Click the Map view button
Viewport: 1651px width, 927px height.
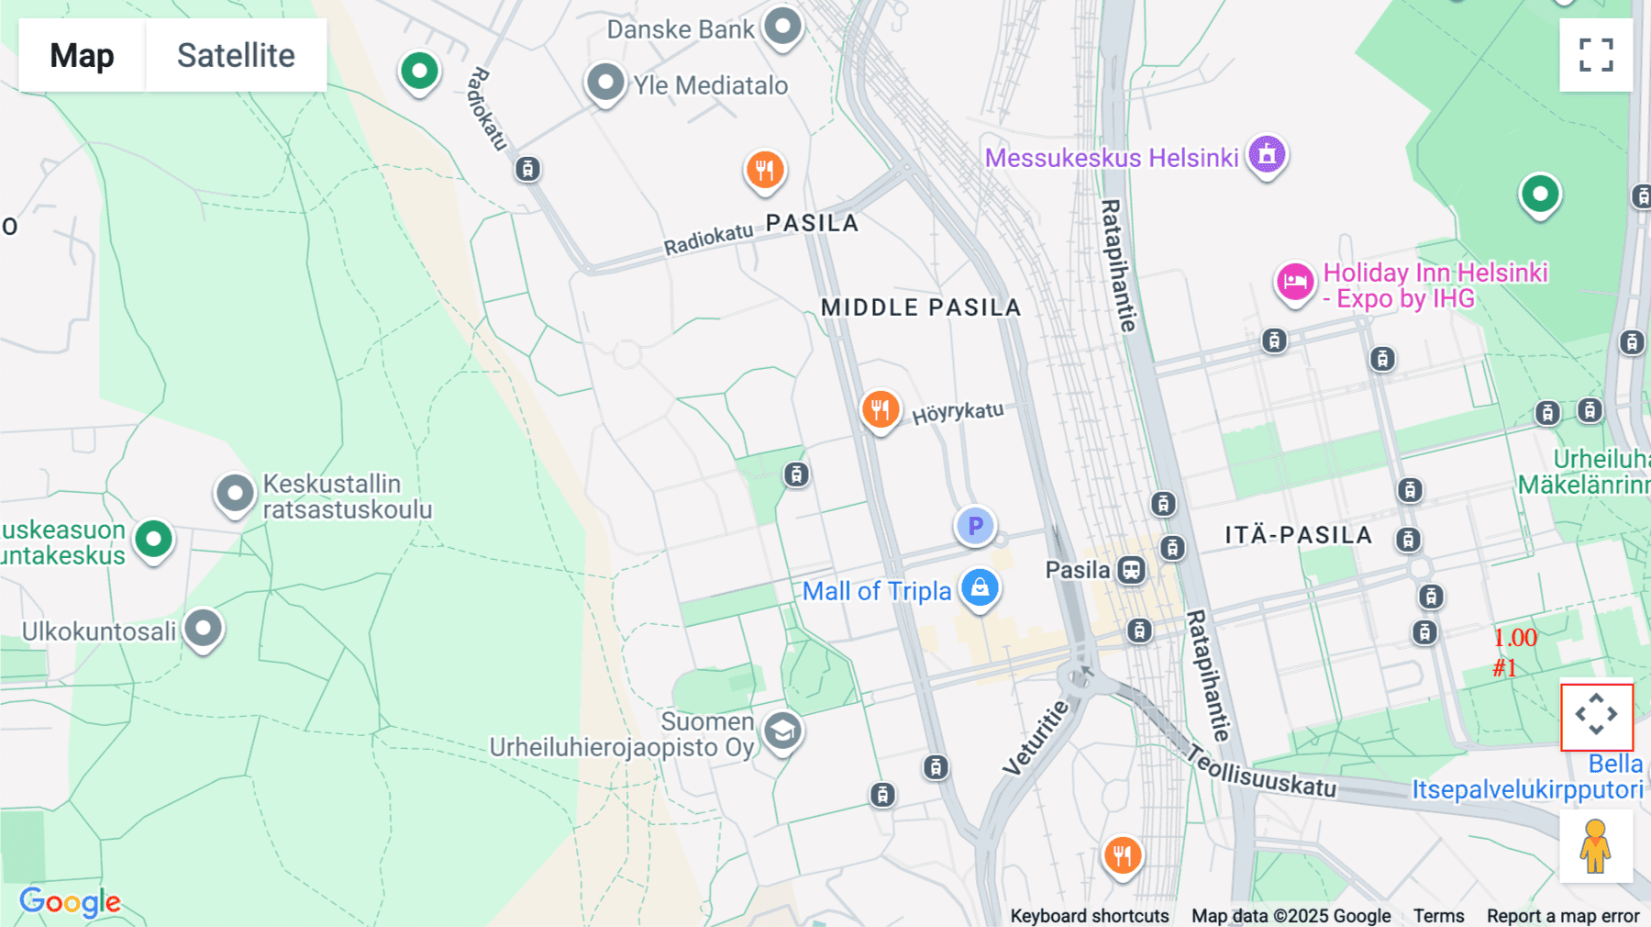point(82,56)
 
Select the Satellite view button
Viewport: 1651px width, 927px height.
point(236,56)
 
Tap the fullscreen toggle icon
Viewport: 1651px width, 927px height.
point(1596,55)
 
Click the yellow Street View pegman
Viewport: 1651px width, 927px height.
point(1595,846)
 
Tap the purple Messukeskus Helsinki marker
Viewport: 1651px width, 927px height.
point(1267,155)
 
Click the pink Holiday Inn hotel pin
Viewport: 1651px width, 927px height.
point(1294,282)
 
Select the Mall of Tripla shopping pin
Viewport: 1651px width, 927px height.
point(980,587)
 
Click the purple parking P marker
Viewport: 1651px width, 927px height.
point(975,526)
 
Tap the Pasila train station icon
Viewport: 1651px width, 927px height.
point(1132,570)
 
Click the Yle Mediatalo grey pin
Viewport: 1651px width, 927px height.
point(605,84)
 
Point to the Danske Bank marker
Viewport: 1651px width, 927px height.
point(782,27)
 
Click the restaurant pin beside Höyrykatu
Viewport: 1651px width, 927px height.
point(880,409)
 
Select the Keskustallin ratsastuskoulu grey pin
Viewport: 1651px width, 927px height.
point(235,494)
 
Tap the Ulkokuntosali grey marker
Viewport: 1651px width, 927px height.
point(203,630)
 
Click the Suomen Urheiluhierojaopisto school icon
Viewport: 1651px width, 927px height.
point(781,732)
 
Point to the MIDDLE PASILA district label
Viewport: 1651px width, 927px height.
point(920,307)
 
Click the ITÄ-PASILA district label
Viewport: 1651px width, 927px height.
point(1298,535)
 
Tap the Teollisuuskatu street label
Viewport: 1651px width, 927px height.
point(1261,773)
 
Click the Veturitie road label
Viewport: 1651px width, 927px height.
point(1036,738)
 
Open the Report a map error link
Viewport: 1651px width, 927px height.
point(1562,915)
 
